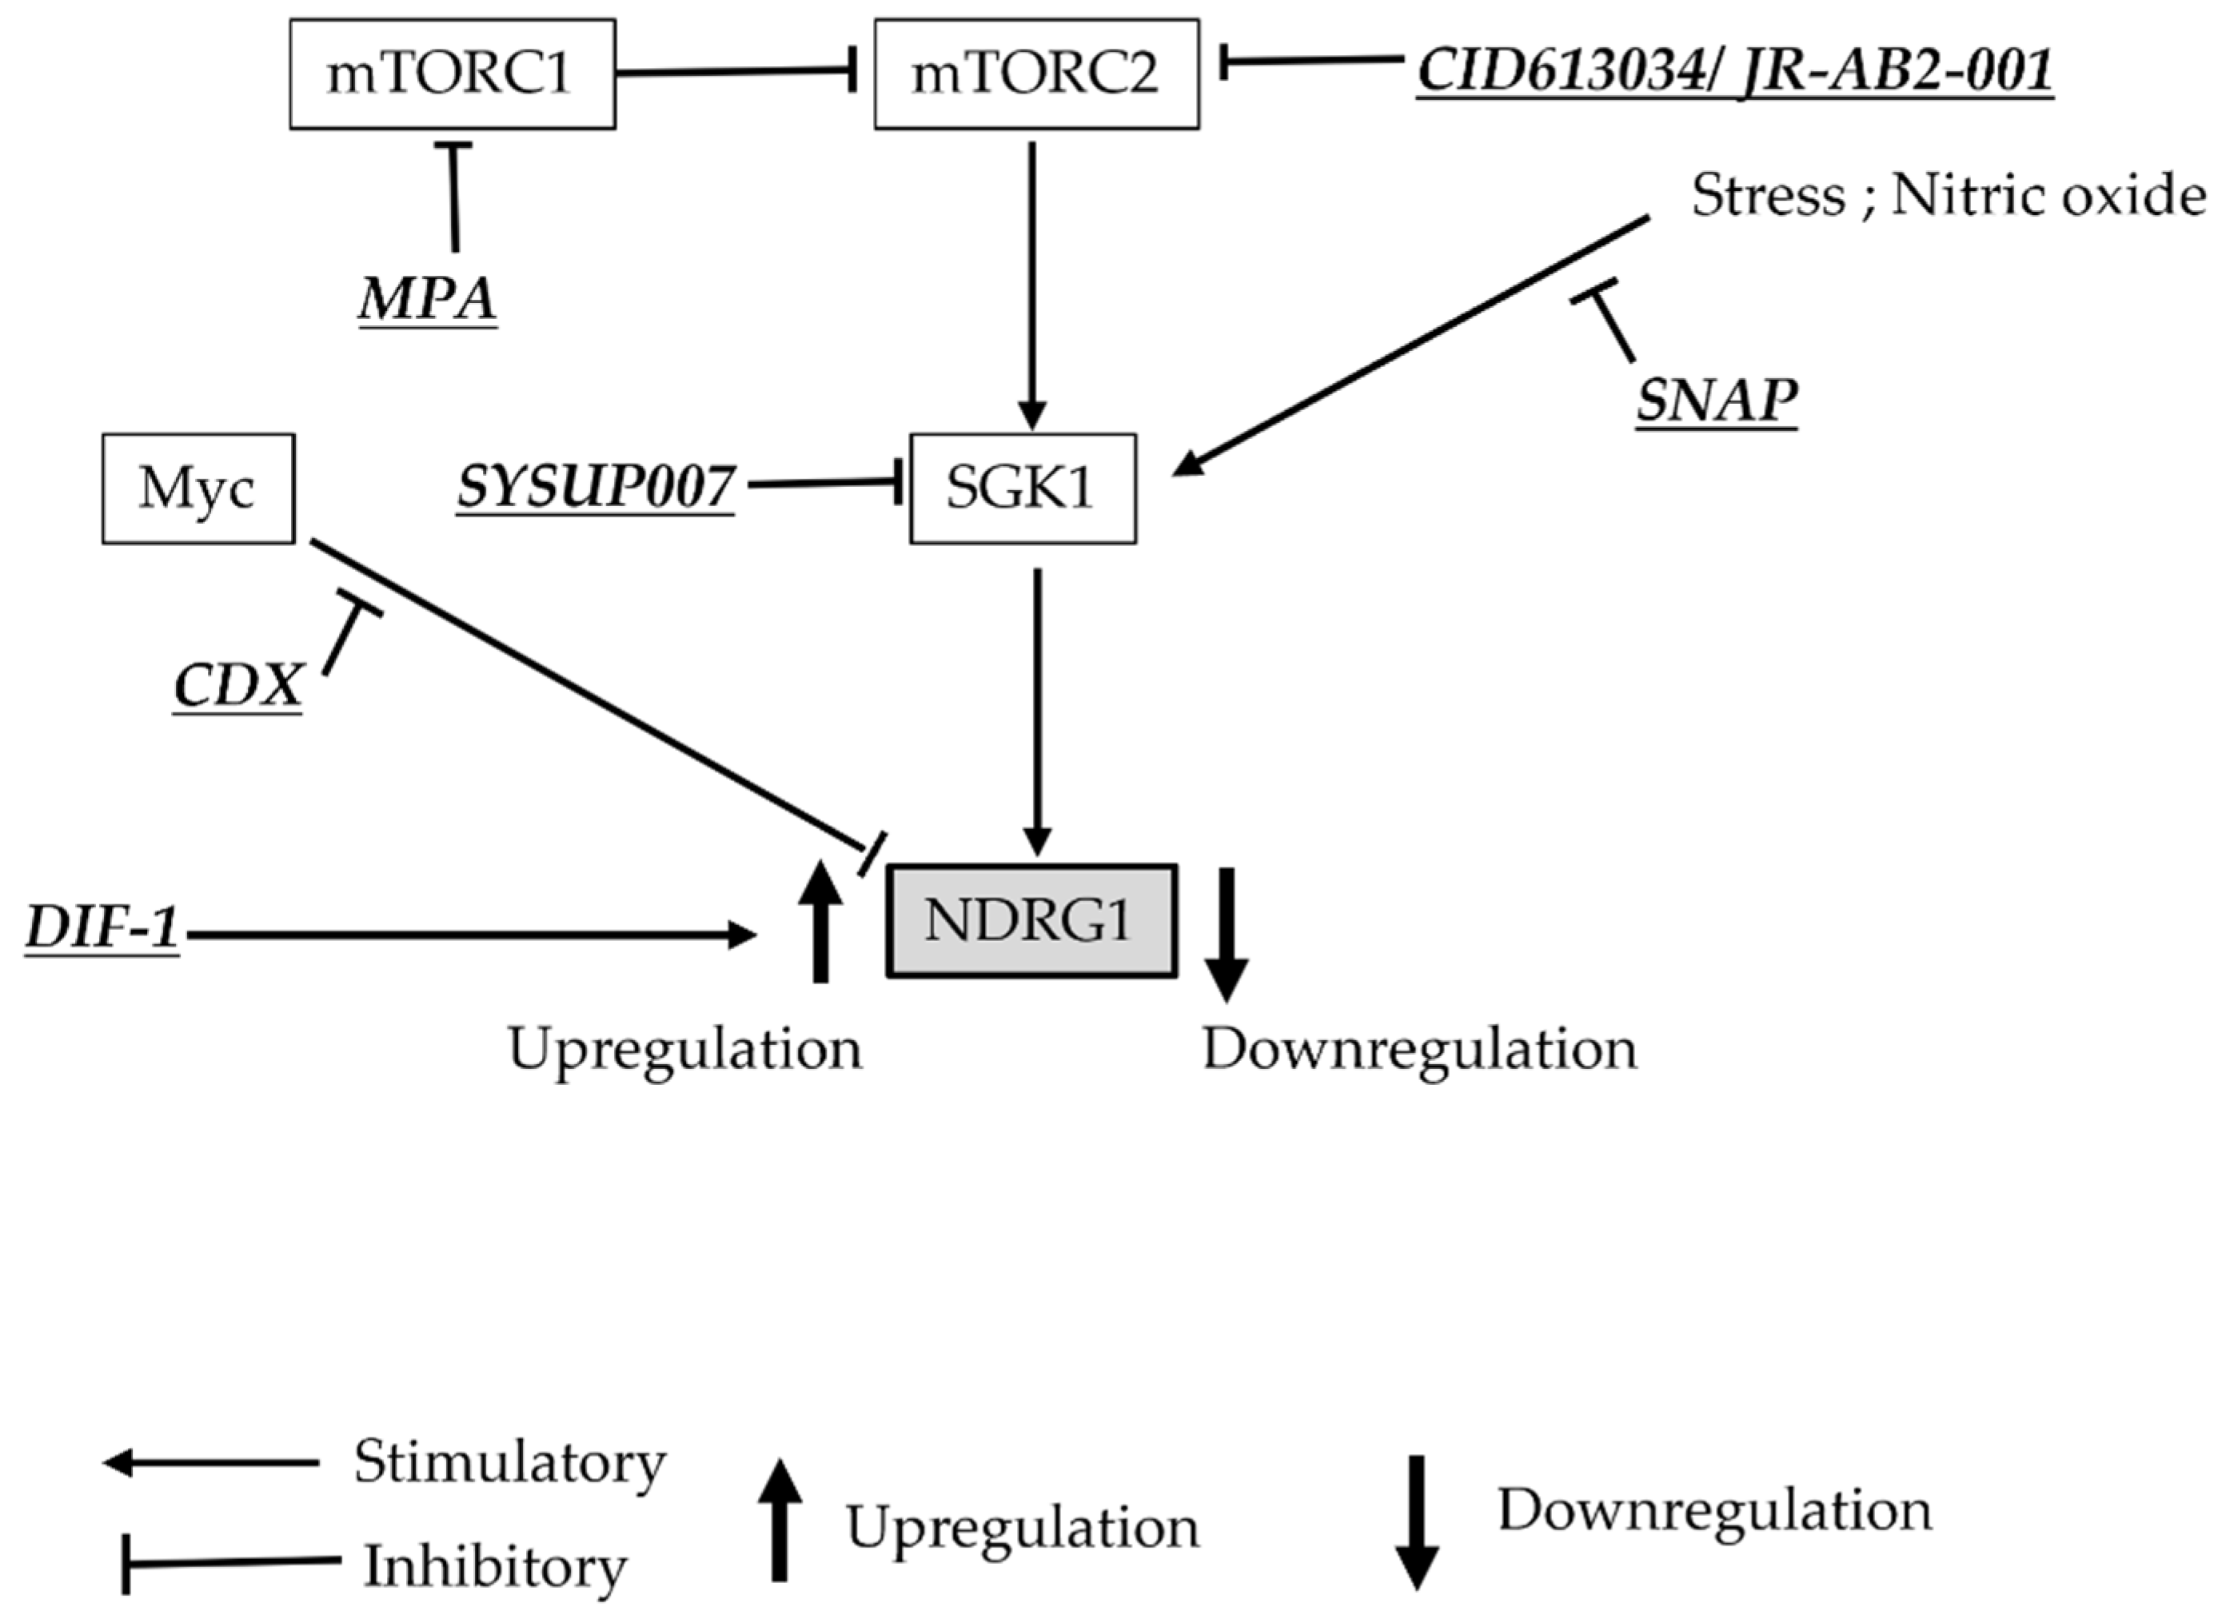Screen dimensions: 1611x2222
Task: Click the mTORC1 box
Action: [452, 74]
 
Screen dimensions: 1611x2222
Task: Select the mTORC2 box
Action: [1035, 74]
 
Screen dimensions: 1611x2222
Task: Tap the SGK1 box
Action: [1022, 488]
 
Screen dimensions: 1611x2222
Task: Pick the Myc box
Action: [198, 488]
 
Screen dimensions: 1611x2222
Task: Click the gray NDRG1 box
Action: [1031, 920]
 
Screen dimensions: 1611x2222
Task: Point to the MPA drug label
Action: [428, 298]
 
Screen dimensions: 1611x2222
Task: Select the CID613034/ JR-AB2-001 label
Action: [1734, 70]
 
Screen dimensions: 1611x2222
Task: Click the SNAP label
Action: [1717, 400]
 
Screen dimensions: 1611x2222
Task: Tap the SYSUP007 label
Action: [596, 486]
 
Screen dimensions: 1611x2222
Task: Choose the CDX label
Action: [238, 685]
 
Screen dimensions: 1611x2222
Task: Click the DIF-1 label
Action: [102, 926]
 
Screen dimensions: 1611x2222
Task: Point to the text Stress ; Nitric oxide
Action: [1948, 195]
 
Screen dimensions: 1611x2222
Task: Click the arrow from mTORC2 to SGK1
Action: [1031, 284]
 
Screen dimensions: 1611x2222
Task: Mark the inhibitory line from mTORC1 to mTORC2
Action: [735, 71]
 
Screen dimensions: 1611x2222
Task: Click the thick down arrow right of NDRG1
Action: [1225, 931]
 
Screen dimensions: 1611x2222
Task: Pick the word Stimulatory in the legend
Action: [509, 1462]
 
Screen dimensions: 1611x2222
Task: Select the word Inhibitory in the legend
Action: [496, 1566]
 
